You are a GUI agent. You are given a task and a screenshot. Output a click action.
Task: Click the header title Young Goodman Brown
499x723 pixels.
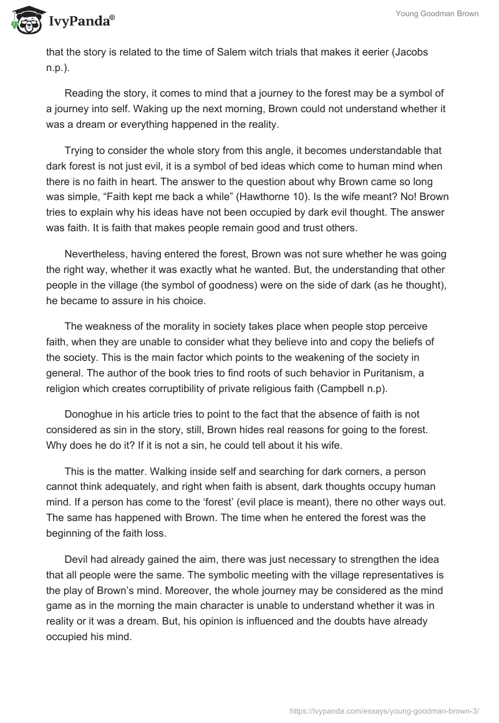pos(437,14)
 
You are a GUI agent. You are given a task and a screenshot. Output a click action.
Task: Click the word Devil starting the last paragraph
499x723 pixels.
pos(79,560)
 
